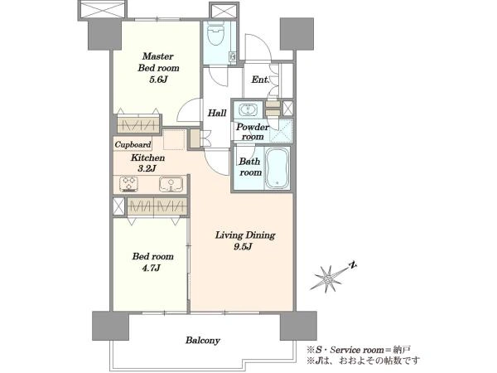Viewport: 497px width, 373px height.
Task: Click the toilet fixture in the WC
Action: (x=216, y=31)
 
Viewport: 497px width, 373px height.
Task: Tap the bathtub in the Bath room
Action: (x=277, y=167)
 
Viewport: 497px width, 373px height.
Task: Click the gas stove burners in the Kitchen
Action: (x=128, y=184)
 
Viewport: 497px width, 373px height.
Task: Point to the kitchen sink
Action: (x=171, y=184)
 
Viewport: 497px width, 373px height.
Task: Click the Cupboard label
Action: (x=133, y=144)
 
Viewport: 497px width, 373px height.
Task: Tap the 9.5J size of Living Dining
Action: (x=243, y=247)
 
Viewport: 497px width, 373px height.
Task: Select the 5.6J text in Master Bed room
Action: (x=158, y=80)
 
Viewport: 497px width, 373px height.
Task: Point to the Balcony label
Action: (x=203, y=341)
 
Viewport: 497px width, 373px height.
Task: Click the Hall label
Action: (x=217, y=113)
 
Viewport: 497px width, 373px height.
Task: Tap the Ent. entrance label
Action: (x=260, y=80)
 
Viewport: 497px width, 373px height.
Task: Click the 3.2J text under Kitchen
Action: (x=147, y=168)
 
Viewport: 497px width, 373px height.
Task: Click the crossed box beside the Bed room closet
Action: (x=118, y=206)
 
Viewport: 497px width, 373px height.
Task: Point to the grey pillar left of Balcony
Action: (x=111, y=326)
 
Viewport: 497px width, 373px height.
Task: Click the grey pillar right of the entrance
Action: (x=297, y=34)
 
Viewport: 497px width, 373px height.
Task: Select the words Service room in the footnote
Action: (x=356, y=350)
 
